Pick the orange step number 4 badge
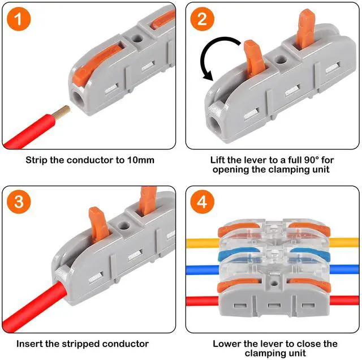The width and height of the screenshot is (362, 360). point(202,201)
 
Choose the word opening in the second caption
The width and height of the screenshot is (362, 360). point(232,170)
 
